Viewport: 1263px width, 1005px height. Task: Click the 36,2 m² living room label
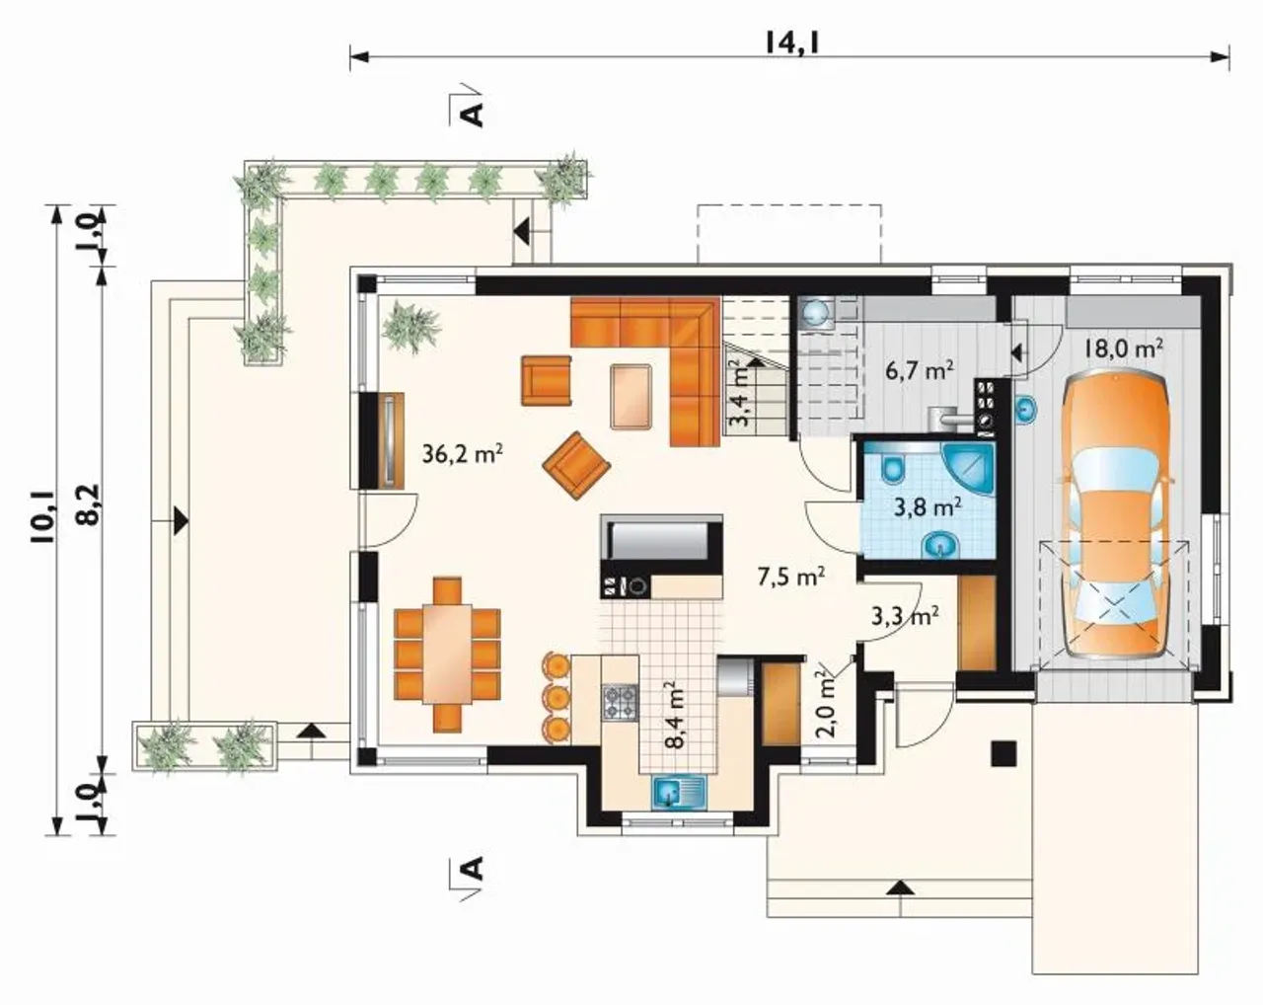click(463, 453)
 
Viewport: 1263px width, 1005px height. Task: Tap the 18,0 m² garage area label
click(1123, 348)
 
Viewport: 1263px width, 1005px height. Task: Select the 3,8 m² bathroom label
click(928, 506)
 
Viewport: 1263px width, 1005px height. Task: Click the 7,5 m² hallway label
click(791, 577)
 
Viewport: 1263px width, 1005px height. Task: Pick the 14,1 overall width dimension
click(791, 42)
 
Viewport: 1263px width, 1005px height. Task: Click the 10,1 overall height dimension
click(44, 519)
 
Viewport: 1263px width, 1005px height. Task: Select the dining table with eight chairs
click(448, 655)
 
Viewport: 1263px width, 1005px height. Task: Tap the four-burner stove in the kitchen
click(620, 703)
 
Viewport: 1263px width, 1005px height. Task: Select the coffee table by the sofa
click(631, 397)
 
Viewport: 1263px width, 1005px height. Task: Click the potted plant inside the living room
click(411, 327)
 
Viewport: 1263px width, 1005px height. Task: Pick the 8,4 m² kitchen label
click(676, 715)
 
